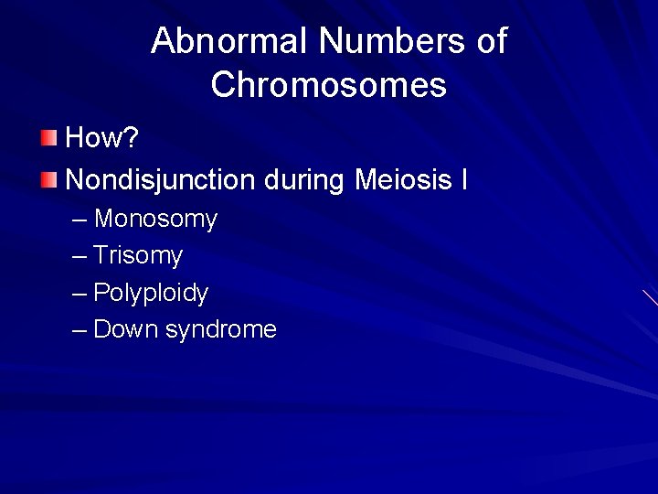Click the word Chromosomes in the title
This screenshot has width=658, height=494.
tap(328, 85)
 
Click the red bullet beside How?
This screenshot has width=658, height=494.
tap(48, 138)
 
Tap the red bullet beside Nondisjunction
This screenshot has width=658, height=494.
tap(48, 179)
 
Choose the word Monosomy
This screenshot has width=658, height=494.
tap(155, 220)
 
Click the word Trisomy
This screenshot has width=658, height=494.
tap(138, 256)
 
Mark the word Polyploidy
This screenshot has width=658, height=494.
tap(151, 294)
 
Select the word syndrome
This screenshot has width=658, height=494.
tap(220, 330)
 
